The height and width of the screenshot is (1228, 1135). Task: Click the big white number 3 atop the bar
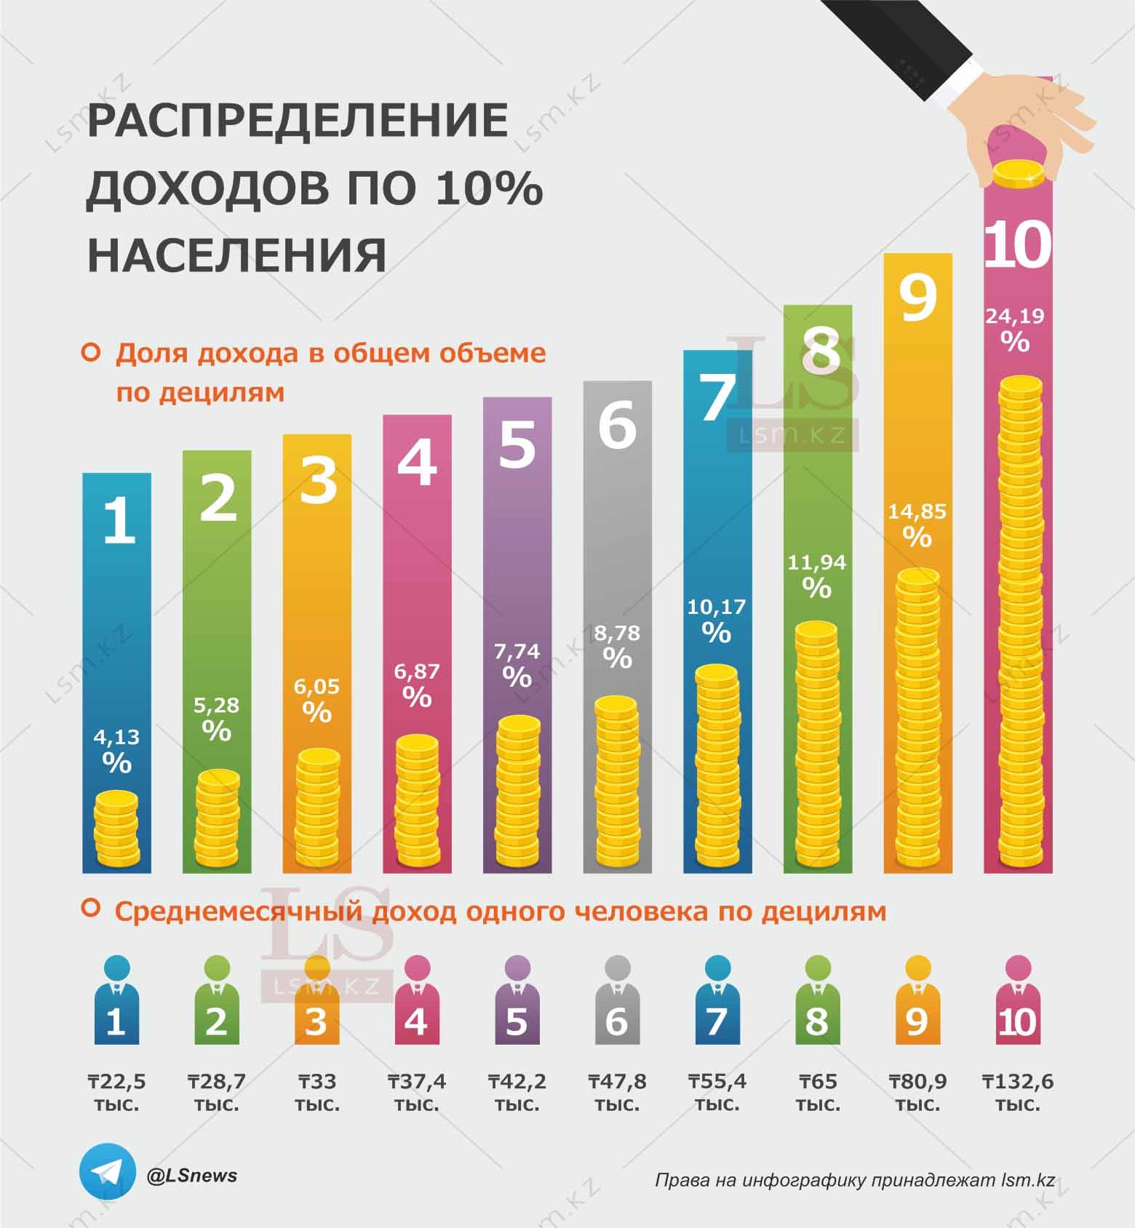point(318,480)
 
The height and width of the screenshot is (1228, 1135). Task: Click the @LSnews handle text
point(192,1175)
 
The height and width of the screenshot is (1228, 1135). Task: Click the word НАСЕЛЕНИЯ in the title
point(237,255)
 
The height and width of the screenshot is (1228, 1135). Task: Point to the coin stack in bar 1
point(116,829)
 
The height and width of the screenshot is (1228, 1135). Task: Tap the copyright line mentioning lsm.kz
point(854,1180)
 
